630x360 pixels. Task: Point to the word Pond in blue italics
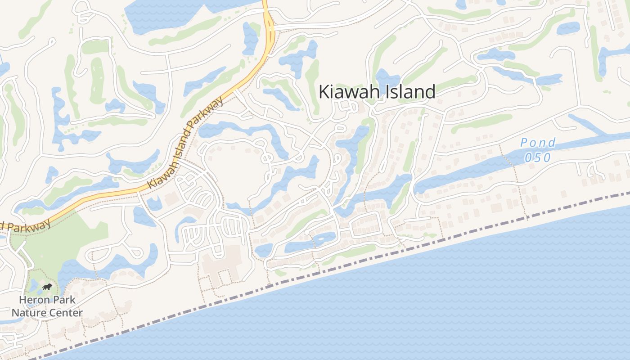point(538,143)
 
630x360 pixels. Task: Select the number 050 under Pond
point(538,157)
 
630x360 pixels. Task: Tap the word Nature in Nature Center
point(27,313)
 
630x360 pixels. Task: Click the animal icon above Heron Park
point(47,287)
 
